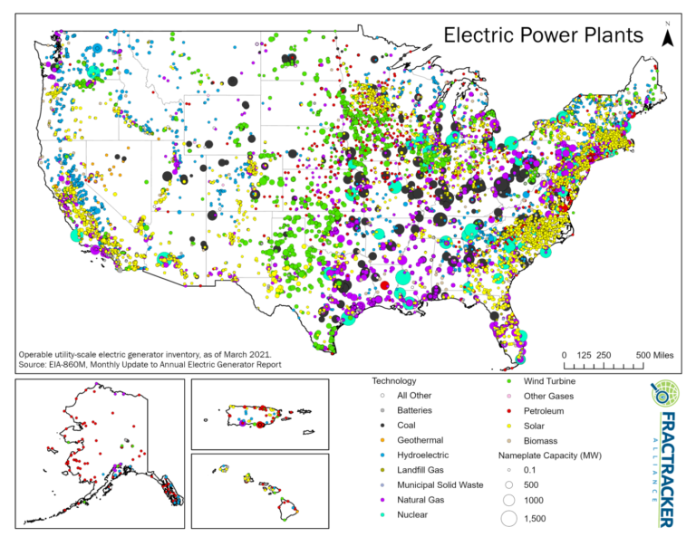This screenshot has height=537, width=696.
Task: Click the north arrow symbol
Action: [668, 35]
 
